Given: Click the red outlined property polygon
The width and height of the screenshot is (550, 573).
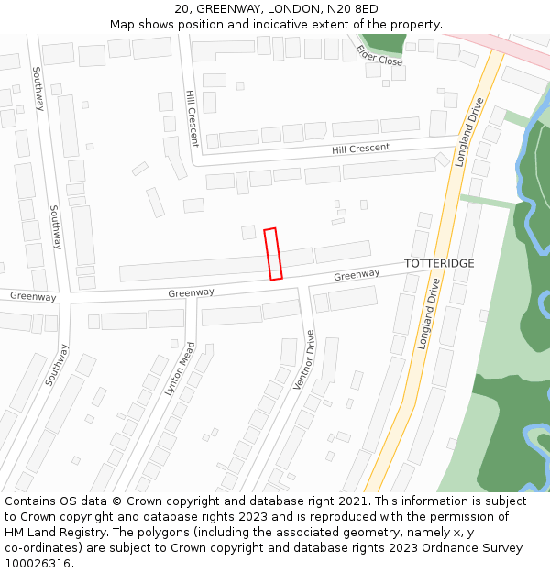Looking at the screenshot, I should click(x=272, y=254).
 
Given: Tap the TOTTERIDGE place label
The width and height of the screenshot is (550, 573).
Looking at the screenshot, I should click(x=439, y=264).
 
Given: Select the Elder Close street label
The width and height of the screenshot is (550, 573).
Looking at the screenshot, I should click(x=379, y=55).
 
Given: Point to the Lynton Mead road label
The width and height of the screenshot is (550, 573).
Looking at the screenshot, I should click(x=181, y=369).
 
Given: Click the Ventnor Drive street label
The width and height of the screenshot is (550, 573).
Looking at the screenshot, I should click(x=303, y=360).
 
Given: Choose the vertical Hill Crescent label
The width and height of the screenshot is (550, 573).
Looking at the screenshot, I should click(x=192, y=118).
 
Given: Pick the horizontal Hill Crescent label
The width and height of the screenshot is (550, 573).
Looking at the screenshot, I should click(x=360, y=149).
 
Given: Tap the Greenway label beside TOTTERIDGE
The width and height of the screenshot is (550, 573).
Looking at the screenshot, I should click(x=357, y=275).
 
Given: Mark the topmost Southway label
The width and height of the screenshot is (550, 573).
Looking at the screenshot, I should click(x=38, y=89).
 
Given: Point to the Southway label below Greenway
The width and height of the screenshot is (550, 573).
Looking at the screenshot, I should click(x=56, y=364).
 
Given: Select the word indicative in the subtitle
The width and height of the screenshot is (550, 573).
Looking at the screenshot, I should click(x=280, y=24).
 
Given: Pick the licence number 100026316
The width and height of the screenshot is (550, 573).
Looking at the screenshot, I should click(x=37, y=564).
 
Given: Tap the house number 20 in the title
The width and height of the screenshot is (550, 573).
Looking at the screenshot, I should click(x=181, y=9).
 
